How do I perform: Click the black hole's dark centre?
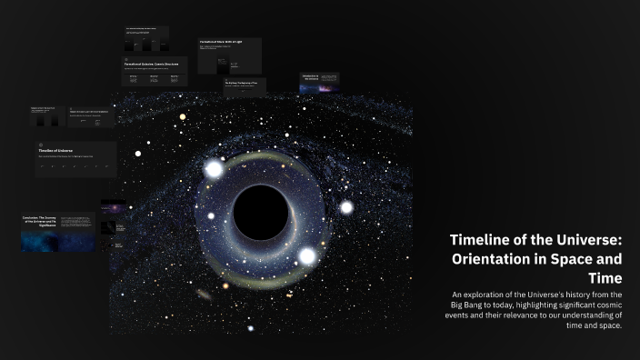(x=261, y=212)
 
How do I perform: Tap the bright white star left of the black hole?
(x=215, y=169)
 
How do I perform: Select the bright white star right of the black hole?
(x=346, y=207)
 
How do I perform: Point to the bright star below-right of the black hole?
(x=307, y=256)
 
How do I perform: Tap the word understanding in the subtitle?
(x=583, y=315)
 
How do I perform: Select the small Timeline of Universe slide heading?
(x=55, y=150)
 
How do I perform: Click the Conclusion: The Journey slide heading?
(x=45, y=219)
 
